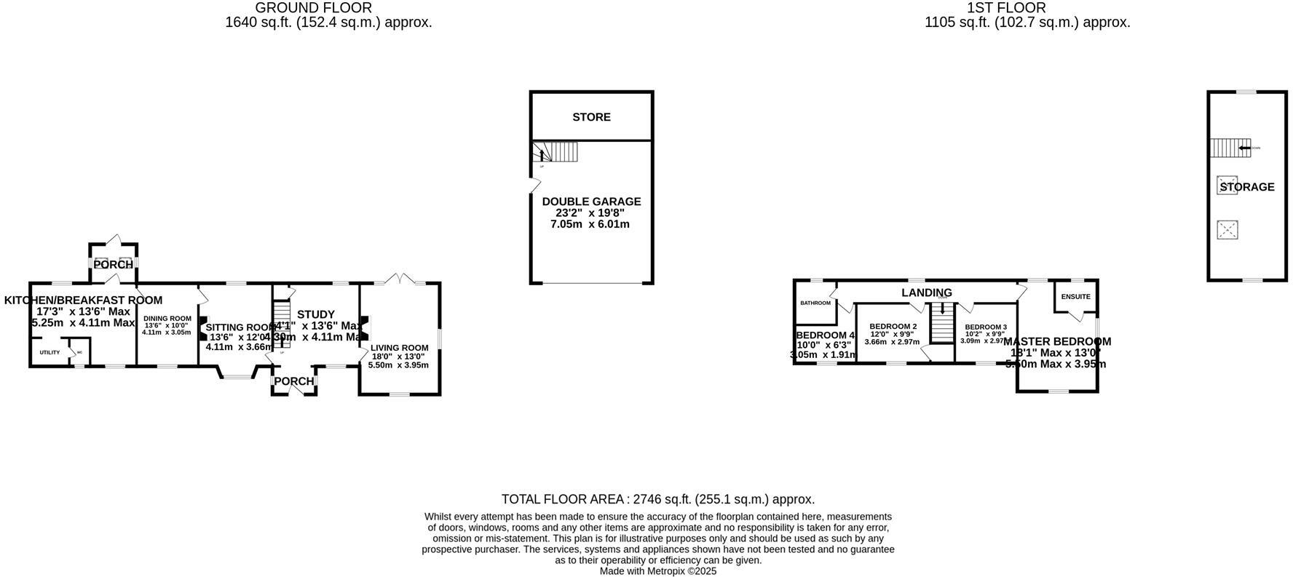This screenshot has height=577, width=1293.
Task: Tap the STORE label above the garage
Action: coord(591,117)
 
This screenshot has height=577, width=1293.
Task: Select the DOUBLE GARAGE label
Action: coord(591,202)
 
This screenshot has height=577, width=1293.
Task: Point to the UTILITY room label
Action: coord(50,352)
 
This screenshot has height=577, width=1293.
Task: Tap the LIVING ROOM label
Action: coord(399,348)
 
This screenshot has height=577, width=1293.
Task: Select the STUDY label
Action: coord(316,314)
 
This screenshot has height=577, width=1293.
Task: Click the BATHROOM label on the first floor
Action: coord(815,303)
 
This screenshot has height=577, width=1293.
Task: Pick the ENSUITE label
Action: coord(1075,297)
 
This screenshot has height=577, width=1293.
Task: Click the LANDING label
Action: coord(926,293)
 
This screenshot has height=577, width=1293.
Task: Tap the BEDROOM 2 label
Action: coord(893,326)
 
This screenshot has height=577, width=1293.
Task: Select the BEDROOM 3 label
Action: coord(986,327)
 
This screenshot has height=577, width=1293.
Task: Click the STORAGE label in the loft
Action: coord(1247,187)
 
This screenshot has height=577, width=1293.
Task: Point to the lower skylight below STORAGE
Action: coord(1227,230)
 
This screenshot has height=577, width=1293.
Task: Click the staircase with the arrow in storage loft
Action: coord(1230,148)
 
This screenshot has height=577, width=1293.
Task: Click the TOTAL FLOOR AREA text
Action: coord(657,499)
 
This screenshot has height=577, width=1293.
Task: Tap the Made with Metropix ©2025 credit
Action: coord(657,571)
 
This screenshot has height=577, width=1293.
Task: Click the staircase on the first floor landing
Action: coord(943,322)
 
